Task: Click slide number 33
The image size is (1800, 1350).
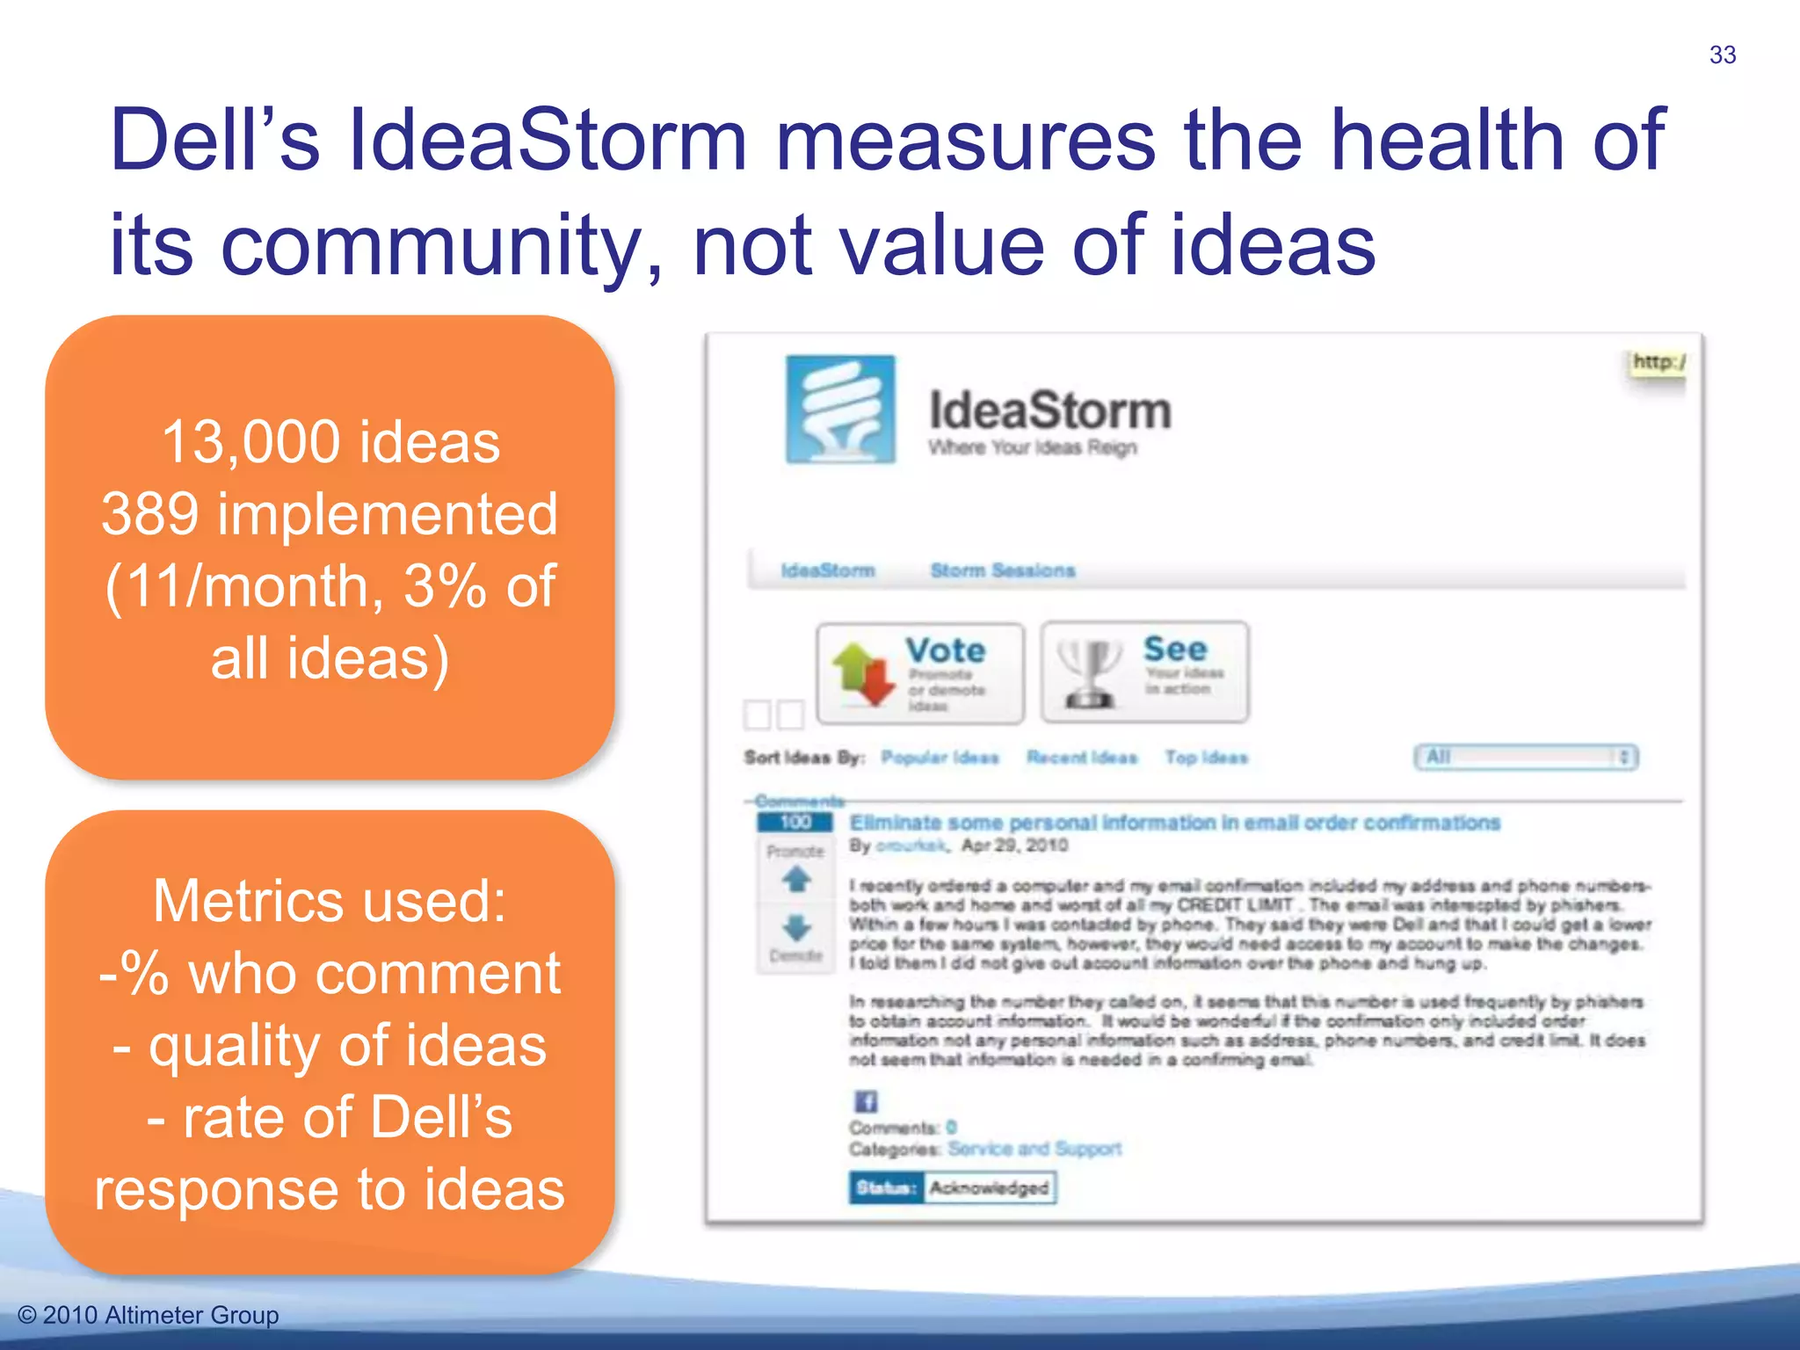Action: [x=1722, y=55]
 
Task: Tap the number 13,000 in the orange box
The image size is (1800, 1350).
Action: [x=255, y=442]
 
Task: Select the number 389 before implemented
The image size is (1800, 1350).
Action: [x=149, y=514]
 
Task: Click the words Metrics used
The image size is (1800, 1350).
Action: [x=330, y=902]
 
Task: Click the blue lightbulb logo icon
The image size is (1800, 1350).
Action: [x=840, y=410]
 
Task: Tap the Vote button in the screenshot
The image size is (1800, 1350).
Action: [x=920, y=673]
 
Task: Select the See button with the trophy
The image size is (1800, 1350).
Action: [x=1144, y=672]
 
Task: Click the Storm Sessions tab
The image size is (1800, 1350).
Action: [x=1003, y=571]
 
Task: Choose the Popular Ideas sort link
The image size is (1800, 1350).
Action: [x=940, y=758]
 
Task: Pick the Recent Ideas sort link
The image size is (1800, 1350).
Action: [x=1082, y=758]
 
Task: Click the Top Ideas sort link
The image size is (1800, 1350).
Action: [x=1206, y=758]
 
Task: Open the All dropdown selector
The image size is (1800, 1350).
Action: [x=1526, y=757]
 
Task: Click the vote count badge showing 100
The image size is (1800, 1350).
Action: [x=795, y=823]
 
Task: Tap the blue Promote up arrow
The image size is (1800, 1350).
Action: [x=796, y=879]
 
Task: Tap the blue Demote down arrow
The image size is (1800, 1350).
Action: [x=796, y=926]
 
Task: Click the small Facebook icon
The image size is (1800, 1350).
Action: [x=866, y=1101]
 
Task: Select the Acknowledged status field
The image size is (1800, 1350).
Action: [x=989, y=1188]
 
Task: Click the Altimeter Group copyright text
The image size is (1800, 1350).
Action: [x=149, y=1315]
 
